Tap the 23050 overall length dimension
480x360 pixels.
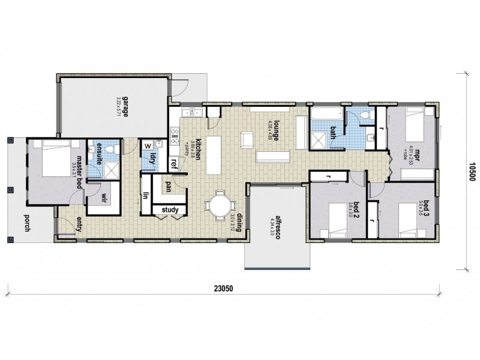click(x=223, y=287)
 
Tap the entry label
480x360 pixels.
click(x=78, y=224)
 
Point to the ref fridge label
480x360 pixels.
click(x=174, y=162)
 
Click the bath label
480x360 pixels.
click(x=332, y=127)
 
